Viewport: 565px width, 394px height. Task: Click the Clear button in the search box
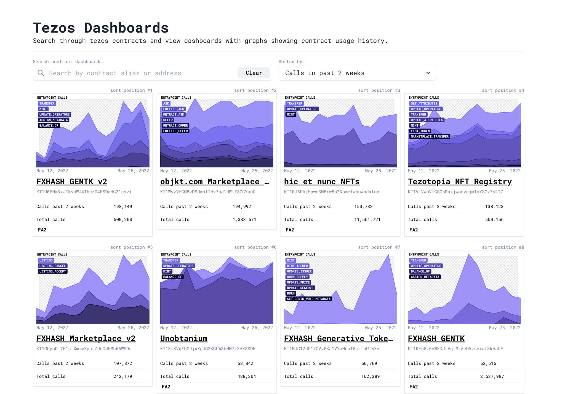pos(254,73)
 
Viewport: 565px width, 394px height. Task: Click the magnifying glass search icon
pos(41,73)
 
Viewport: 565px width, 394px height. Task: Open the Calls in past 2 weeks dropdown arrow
pos(428,73)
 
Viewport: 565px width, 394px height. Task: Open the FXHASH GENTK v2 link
pos(72,182)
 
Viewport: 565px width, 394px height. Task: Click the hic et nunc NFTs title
pos(322,182)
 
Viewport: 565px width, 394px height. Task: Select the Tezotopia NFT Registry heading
pos(460,182)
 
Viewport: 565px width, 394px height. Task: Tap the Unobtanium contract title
pos(184,338)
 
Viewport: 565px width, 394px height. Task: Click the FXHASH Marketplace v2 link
pos(86,338)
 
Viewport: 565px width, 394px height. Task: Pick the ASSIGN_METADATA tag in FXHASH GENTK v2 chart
pos(54,120)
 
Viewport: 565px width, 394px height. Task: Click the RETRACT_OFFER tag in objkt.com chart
pos(175,126)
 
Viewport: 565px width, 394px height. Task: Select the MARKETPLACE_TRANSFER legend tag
pos(430,137)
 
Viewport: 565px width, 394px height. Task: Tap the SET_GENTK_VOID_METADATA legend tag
pos(308,299)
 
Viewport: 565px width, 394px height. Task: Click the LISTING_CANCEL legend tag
pos(52,266)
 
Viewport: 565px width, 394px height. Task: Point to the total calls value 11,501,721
pos(367,220)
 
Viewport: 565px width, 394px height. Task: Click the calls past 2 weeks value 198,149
pos(123,207)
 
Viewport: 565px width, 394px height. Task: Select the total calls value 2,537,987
pos(492,376)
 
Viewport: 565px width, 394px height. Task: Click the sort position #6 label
pos(255,247)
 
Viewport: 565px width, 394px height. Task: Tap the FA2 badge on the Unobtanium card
pos(166,387)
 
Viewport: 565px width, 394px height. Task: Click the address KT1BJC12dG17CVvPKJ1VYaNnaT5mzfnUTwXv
pos(331,349)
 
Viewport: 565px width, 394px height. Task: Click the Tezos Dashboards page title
pos(101,28)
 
